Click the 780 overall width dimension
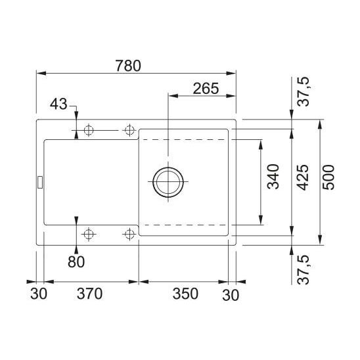point(128,66)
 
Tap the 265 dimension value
point(206,89)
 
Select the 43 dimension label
point(58,104)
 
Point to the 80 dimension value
point(76,262)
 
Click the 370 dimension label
point(89,294)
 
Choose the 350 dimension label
point(185,294)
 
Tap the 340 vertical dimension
point(273,177)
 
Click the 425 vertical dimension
point(303,177)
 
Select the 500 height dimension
point(328,177)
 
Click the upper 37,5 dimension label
point(304,91)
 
